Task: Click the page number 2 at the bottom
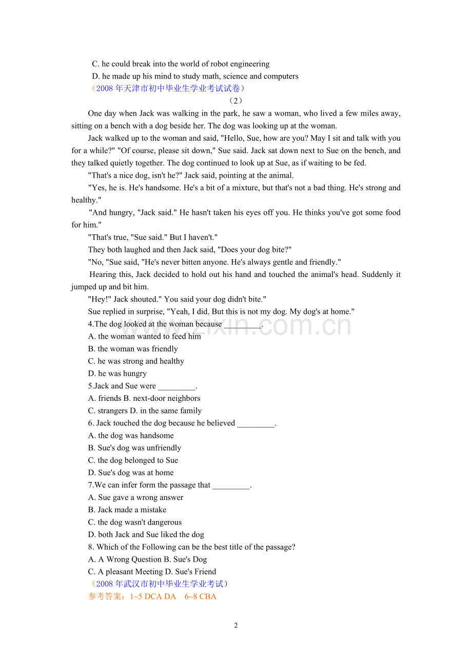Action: coord(236,625)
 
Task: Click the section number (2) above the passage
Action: coord(235,101)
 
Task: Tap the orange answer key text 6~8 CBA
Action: coord(201,597)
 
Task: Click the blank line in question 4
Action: coord(243,325)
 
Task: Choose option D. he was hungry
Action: coord(117,374)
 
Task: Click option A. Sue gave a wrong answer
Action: coord(135,497)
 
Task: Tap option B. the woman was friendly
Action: coord(133,349)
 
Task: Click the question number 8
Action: coord(91,547)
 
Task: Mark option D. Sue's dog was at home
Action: coord(131,473)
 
